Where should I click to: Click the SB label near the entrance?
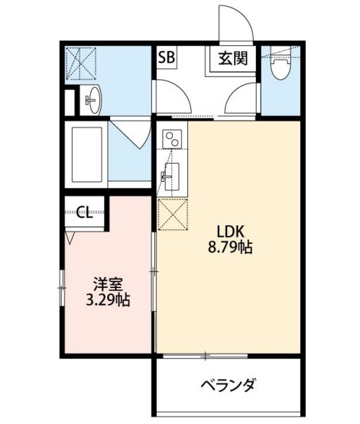pyautogui.click(x=167, y=57)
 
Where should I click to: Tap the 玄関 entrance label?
pyautogui.click(x=233, y=58)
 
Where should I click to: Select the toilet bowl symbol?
pyautogui.click(x=281, y=66)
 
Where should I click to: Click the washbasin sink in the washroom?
pyautogui.click(x=92, y=100)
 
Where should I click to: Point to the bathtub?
pyautogui.click(x=86, y=154)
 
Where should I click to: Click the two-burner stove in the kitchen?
pyautogui.click(x=172, y=139)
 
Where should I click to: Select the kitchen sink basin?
pyautogui.click(x=170, y=176)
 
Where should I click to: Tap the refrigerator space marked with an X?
pyautogui.click(x=173, y=214)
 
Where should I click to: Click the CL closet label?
pyautogui.click(x=85, y=212)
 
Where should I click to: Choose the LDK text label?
pyautogui.click(x=230, y=231)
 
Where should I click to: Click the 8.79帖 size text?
pyautogui.click(x=230, y=247)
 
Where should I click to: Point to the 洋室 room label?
pyautogui.click(x=108, y=284)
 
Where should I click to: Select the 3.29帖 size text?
pyautogui.click(x=108, y=299)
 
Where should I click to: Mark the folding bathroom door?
pyautogui.click(x=131, y=132)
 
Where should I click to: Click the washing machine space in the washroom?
pyautogui.click(x=81, y=63)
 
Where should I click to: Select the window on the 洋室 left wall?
pyautogui.click(x=62, y=288)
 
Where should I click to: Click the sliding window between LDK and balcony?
pyautogui.click(x=206, y=356)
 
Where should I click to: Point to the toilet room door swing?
pyautogui.click(x=240, y=98)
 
